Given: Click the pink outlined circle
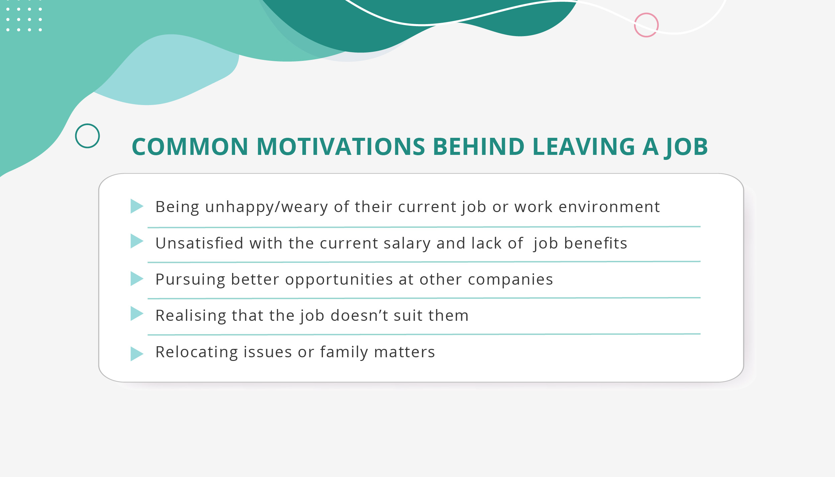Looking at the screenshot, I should tap(646, 25).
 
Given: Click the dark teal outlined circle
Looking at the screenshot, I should tap(87, 136).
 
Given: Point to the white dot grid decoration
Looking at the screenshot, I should tap(24, 19).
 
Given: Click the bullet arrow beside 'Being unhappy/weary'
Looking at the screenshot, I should tap(136, 206).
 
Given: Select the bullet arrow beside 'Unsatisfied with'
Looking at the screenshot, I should tap(136, 241).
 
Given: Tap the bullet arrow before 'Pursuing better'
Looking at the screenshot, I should tap(136, 279).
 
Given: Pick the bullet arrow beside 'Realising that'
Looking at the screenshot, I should tap(136, 313).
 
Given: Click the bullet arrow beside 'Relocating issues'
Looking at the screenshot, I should tap(136, 354).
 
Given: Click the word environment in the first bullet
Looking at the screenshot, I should tap(609, 207).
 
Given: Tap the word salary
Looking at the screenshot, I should tap(407, 243).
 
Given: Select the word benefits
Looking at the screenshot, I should tap(596, 243).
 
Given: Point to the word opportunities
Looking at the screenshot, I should tap(339, 280).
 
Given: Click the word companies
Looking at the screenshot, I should tap(510, 280).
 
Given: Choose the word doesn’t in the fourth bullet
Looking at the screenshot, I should tap(359, 315).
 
